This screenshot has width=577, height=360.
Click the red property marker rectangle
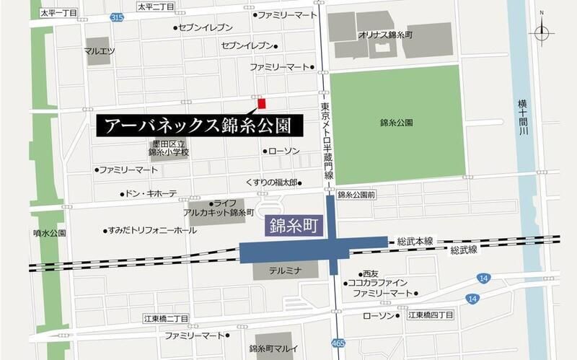click(x=262, y=102)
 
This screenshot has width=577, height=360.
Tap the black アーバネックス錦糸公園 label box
click(x=197, y=126)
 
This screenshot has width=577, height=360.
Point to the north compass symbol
click(x=542, y=31)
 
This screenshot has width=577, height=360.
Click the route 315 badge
click(x=118, y=16)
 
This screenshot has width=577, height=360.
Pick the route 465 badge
click(x=338, y=342)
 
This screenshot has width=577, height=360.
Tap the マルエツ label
click(x=100, y=51)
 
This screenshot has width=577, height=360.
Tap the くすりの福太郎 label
click(x=271, y=183)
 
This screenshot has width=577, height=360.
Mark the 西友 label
click(x=370, y=273)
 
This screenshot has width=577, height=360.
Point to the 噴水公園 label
click(x=49, y=233)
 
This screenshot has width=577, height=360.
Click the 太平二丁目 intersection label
click(x=155, y=7)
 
